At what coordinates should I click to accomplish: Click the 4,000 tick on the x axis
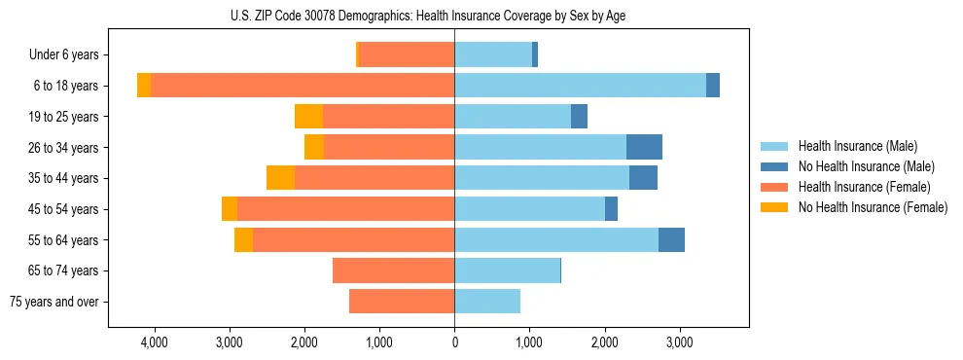tap(154, 343)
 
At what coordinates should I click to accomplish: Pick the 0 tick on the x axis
tap(454, 343)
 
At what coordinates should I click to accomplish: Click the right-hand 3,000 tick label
tap(679, 343)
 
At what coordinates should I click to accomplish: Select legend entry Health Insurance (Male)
tap(857, 146)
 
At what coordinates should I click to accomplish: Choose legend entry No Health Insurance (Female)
tap(873, 207)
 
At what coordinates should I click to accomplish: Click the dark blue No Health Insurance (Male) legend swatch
tap(775, 166)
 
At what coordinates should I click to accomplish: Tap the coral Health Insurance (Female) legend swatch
tap(775, 187)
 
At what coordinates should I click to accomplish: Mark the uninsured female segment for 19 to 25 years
tap(308, 117)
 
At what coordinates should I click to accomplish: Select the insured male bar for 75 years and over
tap(487, 302)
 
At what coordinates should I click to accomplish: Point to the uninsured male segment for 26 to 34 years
tap(644, 148)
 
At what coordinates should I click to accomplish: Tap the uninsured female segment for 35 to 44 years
tap(280, 178)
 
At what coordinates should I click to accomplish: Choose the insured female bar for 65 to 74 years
tap(393, 270)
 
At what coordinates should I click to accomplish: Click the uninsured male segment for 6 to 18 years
tap(713, 86)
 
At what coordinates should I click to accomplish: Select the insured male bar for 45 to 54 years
tap(529, 209)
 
